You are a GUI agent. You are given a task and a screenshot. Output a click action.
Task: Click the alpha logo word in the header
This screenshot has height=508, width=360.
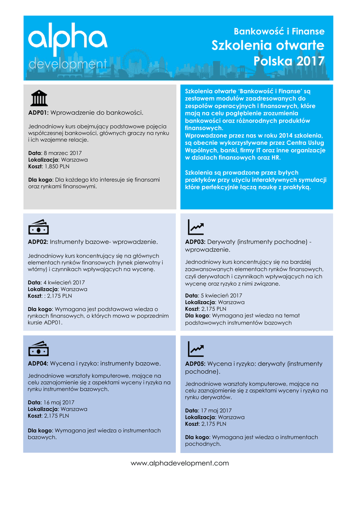pos(67,40)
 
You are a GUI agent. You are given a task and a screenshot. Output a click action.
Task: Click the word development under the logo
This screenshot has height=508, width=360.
pos(67,64)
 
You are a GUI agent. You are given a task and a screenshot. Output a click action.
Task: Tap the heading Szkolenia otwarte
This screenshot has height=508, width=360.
pos(268,46)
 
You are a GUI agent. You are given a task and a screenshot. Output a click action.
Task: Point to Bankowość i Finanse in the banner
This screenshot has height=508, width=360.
pos(279,31)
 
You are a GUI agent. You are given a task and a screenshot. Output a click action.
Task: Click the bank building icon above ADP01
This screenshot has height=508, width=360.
pos(39,98)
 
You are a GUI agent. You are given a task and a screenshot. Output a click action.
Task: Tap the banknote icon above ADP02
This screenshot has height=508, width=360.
pos(38,227)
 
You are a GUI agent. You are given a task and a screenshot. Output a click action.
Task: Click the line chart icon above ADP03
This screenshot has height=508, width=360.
pos(196,227)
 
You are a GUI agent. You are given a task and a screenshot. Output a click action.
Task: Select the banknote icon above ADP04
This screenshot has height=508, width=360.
pos(38,349)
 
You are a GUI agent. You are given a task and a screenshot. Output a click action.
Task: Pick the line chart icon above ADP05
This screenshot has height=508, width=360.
pos(196,349)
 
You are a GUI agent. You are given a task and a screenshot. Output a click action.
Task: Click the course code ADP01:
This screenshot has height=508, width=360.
pos(38,113)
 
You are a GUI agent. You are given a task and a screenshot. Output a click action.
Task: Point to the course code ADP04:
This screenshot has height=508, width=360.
pos(38,363)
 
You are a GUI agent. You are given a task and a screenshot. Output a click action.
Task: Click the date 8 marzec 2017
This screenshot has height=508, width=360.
pos(63,153)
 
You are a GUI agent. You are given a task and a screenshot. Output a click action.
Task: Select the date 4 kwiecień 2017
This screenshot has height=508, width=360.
pos(64,282)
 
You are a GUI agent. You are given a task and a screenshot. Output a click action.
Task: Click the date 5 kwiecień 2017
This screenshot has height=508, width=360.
pos(221,296)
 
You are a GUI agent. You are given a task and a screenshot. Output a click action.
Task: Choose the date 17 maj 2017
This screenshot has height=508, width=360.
pos(216,411)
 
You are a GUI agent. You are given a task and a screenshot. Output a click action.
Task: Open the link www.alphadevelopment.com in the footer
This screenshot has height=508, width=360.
pos(180,463)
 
